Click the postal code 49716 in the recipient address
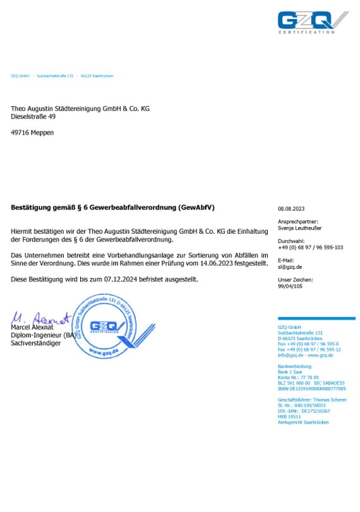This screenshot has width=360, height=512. pyautogui.click(x=20, y=133)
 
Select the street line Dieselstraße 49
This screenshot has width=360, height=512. pyautogui.click(x=33, y=117)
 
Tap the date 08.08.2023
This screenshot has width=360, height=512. pyautogui.click(x=291, y=209)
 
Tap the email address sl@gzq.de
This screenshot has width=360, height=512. pyautogui.click(x=290, y=267)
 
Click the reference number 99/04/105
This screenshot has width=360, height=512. pyautogui.click(x=291, y=286)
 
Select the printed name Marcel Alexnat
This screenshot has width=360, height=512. pyautogui.click(x=32, y=327)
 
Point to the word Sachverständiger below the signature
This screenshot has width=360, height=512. pyautogui.click(x=36, y=343)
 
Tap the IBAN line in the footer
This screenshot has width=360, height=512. pyautogui.click(x=312, y=388)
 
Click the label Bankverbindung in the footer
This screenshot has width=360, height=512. pyautogui.click(x=295, y=367)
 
